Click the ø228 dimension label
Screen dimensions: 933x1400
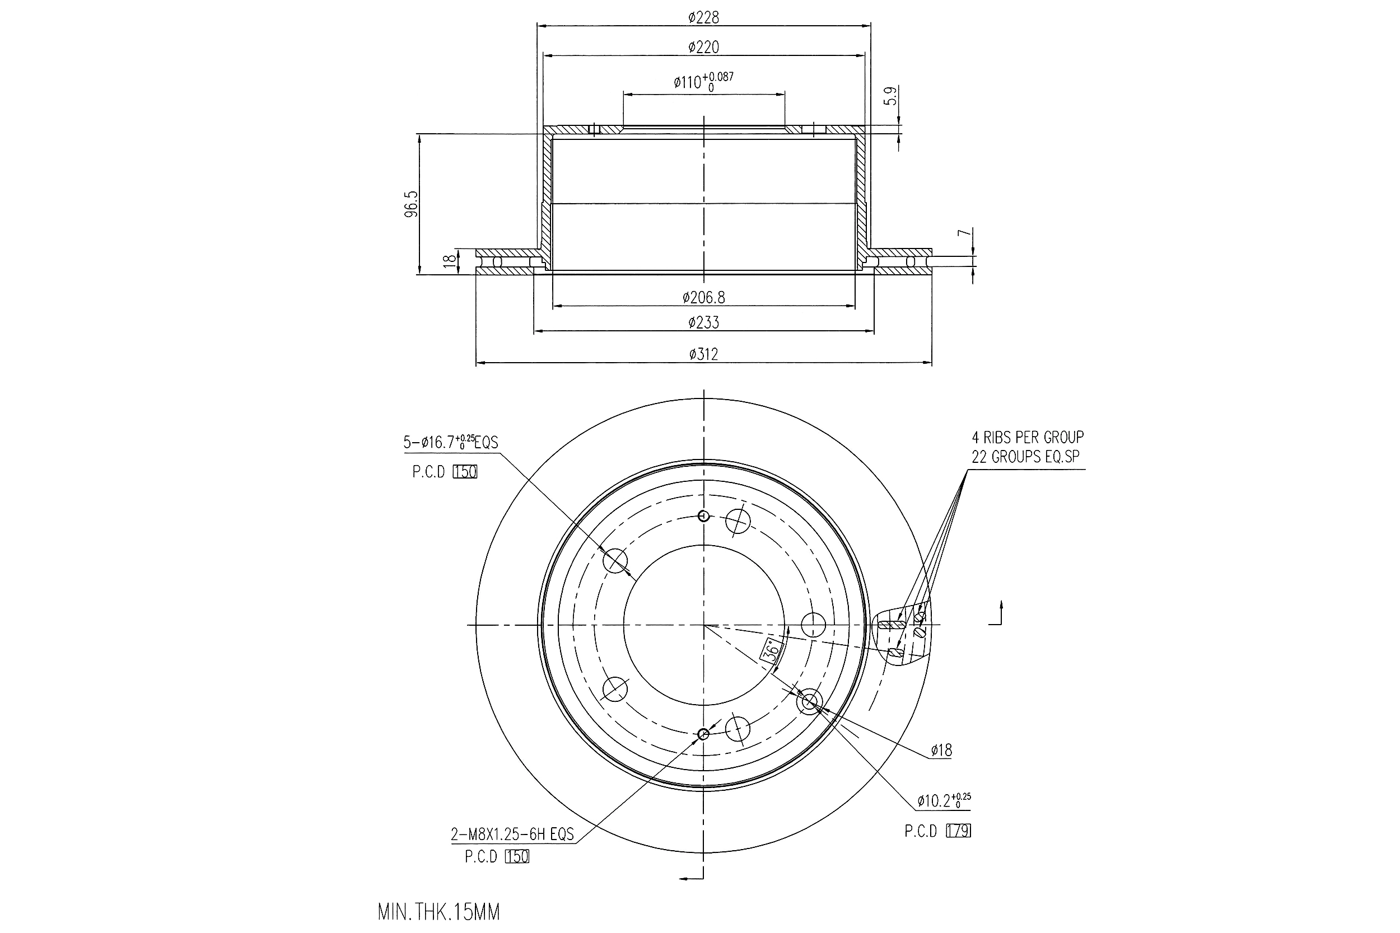click(703, 18)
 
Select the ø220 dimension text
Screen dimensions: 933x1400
click(703, 47)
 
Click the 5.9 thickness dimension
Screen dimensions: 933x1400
click(890, 96)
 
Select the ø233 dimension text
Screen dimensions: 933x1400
click(703, 323)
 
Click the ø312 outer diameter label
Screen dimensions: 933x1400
click(703, 355)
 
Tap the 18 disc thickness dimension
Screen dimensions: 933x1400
click(451, 260)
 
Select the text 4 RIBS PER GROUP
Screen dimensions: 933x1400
click(1028, 437)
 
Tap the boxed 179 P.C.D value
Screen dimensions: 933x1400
click(958, 831)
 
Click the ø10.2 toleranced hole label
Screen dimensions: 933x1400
click(944, 801)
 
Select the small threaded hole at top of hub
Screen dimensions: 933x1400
click(703, 516)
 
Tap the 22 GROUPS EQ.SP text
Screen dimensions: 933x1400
click(1025, 457)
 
